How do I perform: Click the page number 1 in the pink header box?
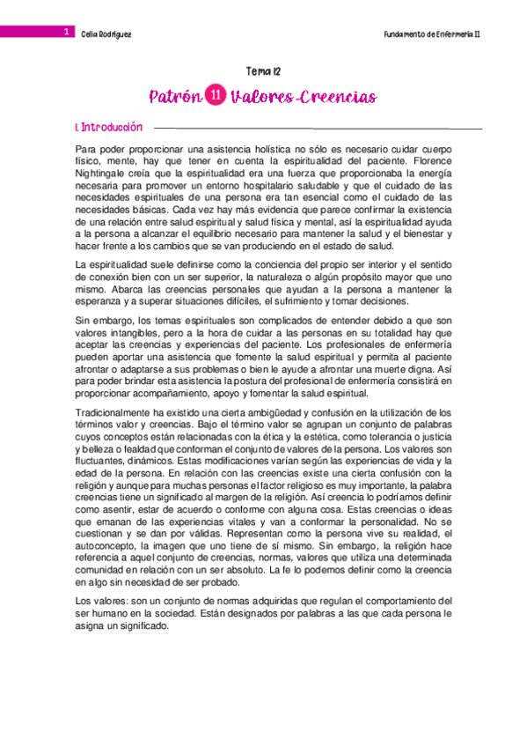pos(66,31)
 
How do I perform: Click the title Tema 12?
pos(263,71)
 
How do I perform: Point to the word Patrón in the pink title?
pos(175,96)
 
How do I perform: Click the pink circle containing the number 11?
pos(216,96)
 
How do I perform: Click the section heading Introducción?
pos(110,128)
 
